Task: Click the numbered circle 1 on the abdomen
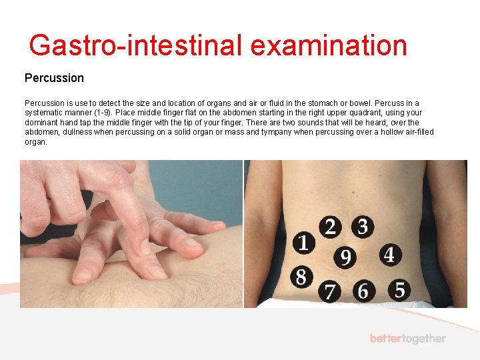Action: tap(304, 243)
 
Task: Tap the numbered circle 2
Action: tap(330, 227)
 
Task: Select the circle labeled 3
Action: tap(362, 227)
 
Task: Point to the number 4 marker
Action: tap(389, 254)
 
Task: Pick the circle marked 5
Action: tap(399, 289)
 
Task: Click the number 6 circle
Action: tap(363, 291)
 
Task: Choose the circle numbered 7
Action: tap(329, 291)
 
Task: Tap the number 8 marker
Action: tap(301, 276)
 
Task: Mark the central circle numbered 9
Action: tap(345, 257)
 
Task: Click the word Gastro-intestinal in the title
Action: tap(137, 45)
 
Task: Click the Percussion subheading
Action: tap(54, 78)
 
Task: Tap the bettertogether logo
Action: tap(407, 339)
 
